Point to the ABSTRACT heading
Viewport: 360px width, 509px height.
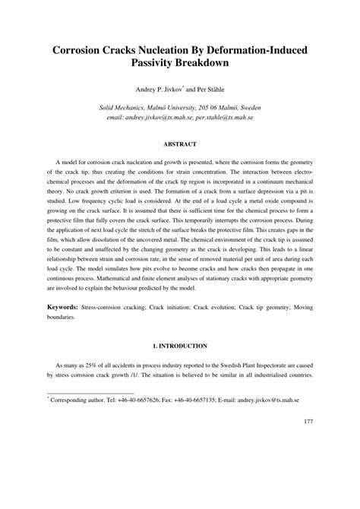[180, 144]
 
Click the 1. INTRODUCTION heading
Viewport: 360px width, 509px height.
[180, 368]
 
